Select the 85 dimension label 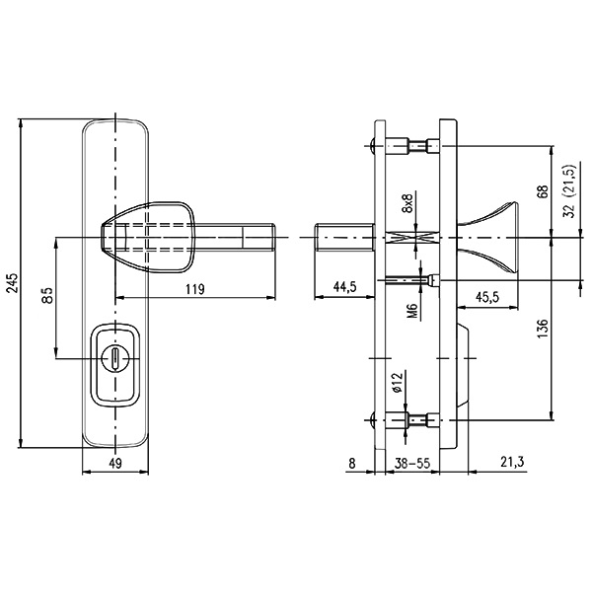46,295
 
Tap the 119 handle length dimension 193,289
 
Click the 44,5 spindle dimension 344,288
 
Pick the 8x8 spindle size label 407,208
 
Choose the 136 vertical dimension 542,329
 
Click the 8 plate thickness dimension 352,461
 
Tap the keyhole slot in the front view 115,357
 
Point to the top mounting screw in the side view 414,147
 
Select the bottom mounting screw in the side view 414,422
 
